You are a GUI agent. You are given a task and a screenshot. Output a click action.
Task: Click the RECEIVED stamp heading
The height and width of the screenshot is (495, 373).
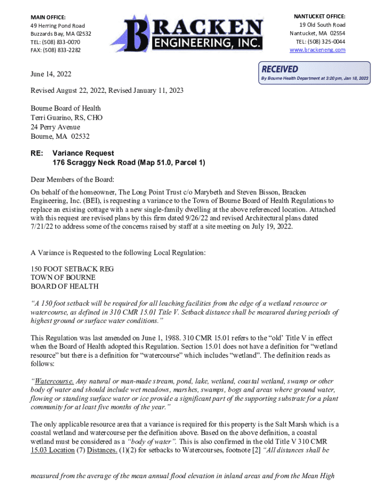[280, 69]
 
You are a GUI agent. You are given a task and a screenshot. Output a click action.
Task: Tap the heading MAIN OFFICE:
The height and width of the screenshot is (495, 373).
[48, 17]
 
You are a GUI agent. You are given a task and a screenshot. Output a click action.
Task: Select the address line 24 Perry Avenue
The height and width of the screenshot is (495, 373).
[56, 127]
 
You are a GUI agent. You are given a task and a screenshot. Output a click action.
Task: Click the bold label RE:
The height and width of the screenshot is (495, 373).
[37, 153]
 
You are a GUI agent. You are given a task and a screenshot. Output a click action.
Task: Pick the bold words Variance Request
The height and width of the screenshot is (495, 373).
[83, 153]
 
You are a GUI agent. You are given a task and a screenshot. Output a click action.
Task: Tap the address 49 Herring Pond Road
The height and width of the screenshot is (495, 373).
[58, 26]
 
